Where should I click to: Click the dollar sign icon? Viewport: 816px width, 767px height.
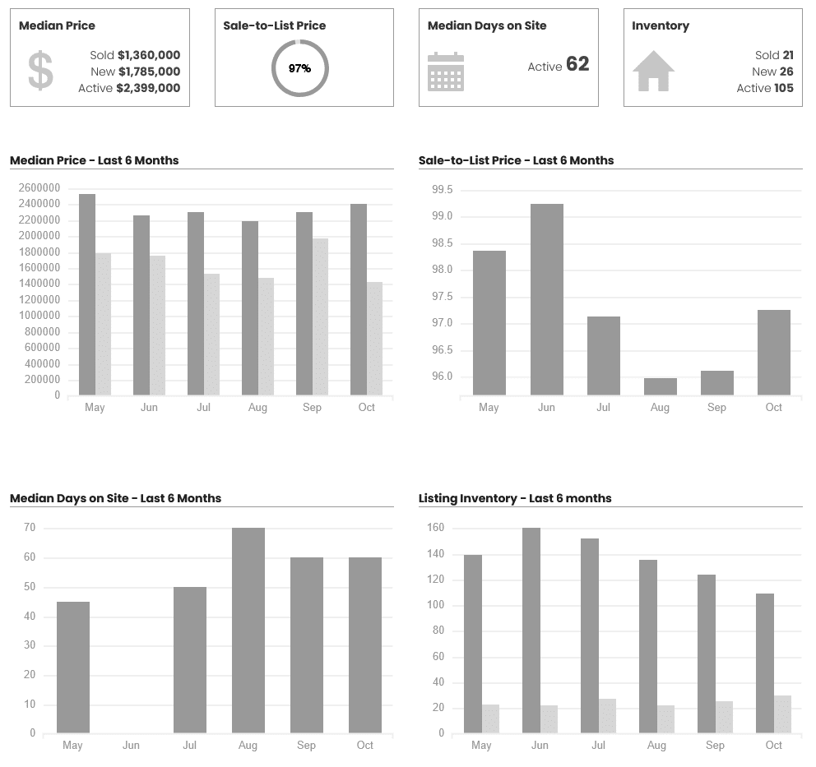40,71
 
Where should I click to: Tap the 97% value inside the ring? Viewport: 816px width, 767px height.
300,68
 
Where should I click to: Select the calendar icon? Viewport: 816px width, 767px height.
446,72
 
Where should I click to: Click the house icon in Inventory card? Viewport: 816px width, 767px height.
653,72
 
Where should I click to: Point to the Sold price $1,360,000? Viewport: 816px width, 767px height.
149,55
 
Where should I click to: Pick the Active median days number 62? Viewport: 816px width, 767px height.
577,64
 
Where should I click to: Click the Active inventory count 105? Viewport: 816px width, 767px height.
784,88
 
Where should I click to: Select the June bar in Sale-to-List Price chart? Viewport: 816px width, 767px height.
547,299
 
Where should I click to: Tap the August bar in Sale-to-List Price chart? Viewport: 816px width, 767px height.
660,386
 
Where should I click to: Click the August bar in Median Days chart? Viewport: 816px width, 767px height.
248,630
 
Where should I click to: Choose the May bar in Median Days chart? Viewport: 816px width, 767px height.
73,667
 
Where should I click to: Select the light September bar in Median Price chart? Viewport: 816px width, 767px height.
320,317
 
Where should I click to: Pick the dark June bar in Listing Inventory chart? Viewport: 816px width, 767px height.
531,630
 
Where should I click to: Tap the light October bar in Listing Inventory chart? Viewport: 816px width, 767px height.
782,714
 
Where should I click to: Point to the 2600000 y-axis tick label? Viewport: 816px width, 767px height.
39,188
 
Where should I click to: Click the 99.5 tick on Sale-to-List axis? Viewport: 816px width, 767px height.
443,190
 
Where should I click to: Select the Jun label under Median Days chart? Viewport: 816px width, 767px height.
131,746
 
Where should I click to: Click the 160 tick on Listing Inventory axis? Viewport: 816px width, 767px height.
436,528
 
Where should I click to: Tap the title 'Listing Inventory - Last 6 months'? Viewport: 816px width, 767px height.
515,498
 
